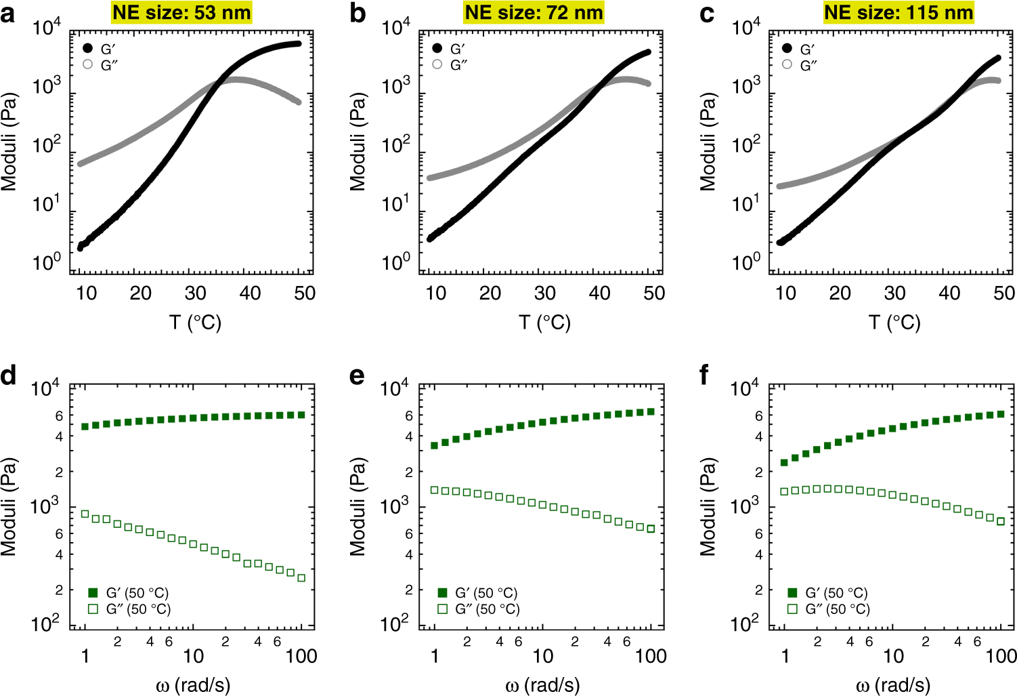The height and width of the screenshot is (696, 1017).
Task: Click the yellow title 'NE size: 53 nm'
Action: (x=181, y=12)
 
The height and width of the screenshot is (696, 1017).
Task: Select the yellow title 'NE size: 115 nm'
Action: (x=899, y=12)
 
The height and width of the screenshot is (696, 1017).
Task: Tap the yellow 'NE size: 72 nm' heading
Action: (x=534, y=12)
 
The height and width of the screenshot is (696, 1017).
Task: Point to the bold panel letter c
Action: (x=707, y=14)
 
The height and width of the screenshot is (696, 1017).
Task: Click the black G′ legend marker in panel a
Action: (x=87, y=49)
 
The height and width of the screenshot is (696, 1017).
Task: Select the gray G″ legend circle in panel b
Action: (x=437, y=64)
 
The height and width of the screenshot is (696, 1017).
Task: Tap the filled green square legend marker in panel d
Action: (x=93, y=593)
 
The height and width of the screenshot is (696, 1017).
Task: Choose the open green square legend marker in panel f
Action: (x=793, y=609)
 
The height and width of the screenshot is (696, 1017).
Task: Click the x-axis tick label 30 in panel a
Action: (x=195, y=293)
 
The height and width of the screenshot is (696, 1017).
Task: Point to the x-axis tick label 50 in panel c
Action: (x=1004, y=293)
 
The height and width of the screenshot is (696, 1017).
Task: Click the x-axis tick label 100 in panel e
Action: (x=651, y=656)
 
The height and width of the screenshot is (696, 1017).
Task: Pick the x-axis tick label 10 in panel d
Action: (x=193, y=656)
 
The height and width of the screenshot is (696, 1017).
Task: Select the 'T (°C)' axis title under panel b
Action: (x=544, y=323)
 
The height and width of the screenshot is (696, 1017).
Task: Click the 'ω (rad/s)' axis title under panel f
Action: (x=894, y=685)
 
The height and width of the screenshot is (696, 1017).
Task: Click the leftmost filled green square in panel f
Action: (x=785, y=463)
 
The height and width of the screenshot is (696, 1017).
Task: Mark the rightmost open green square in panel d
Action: (x=301, y=578)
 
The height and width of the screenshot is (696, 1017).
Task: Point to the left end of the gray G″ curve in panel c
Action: (x=780, y=186)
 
